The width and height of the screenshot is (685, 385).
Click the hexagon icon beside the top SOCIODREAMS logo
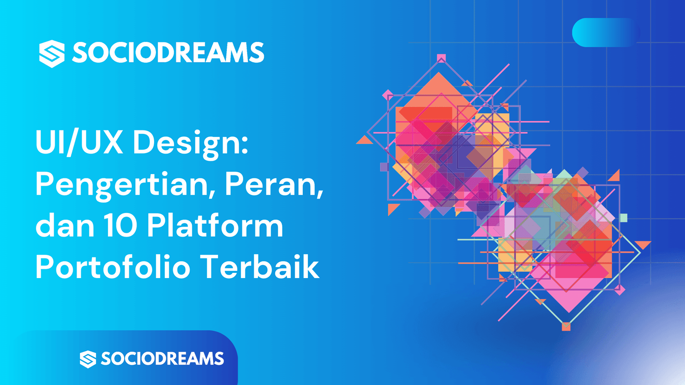coord(52,54)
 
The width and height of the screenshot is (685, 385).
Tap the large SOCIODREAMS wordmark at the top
coord(168,53)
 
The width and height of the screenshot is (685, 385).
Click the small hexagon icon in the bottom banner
coord(88,359)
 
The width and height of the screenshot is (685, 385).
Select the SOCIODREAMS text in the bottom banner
coord(162,358)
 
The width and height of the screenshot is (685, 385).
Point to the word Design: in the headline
coord(190,145)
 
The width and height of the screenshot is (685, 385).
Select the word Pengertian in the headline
coord(122,186)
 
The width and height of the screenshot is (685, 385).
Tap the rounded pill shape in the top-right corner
coord(605,33)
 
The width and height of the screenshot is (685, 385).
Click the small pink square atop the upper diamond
coord(441,58)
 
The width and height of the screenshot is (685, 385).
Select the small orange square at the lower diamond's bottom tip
coord(566,326)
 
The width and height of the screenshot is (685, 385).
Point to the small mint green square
coord(623,218)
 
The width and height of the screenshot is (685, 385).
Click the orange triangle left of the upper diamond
coord(365,141)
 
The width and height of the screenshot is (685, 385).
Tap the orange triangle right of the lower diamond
coord(643,244)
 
